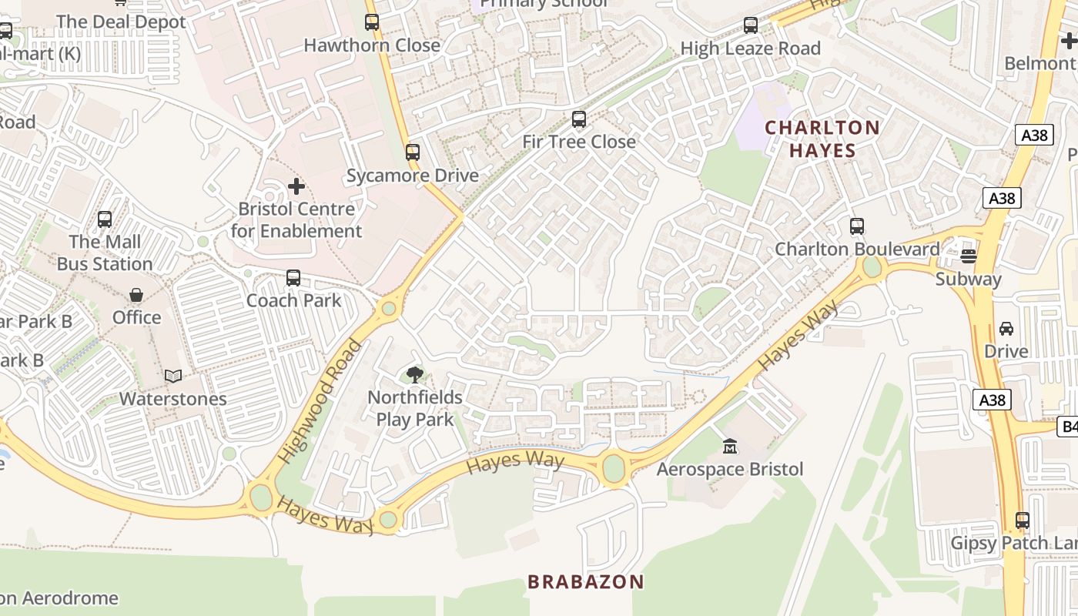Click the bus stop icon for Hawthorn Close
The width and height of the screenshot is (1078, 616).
tap(372, 22)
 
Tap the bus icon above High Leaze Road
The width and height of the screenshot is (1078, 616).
tap(751, 25)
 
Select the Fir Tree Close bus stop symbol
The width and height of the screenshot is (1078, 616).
tap(579, 119)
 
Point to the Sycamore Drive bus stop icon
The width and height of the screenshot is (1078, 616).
tap(413, 152)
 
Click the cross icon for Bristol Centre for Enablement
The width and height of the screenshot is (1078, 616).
tap(296, 186)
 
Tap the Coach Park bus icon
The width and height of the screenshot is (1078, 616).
tap(293, 278)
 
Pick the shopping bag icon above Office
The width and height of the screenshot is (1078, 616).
tap(136, 295)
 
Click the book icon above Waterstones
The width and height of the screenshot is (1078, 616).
tap(173, 377)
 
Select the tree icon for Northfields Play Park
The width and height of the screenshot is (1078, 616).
tap(415, 375)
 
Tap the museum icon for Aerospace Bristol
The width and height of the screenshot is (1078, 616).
tap(729, 447)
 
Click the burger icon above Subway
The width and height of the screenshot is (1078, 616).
tap(969, 256)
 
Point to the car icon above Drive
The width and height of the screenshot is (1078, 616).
tap(1006, 329)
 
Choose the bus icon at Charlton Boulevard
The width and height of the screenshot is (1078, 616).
tap(857, 226)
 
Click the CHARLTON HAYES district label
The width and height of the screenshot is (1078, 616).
tap(822, 139)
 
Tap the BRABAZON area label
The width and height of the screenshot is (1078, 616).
tap(585, 581)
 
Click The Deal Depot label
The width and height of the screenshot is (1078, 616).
tap(121, 22)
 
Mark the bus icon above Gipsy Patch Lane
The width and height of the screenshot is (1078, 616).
tap(1023, 521)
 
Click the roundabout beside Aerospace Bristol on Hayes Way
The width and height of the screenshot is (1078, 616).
tap(614, 468)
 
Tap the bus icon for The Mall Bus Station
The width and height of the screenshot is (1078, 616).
tap(105, 219)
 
